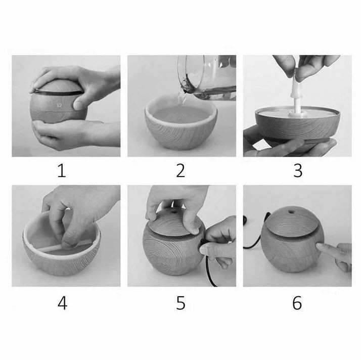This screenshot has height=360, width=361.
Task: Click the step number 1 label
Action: [x=62, y=170]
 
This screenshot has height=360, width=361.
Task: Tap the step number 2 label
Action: [x=180, y=170]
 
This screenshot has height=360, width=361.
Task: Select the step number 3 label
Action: [x=298, y=170]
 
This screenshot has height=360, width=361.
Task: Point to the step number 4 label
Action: [x=62, y=303]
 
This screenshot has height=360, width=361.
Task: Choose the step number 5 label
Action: [x=180, y=303]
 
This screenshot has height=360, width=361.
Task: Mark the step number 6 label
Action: [x=297, y=303]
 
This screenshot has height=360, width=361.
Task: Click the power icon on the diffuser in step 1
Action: [x=59, y=105]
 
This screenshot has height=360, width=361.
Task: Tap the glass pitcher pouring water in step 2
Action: [x=207, y=77]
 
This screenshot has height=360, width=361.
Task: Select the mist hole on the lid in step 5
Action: [x=173, y=211]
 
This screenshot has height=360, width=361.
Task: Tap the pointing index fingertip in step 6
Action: [x=320, y=247]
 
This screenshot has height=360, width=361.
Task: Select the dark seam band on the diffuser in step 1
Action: [x=58, y=93]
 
